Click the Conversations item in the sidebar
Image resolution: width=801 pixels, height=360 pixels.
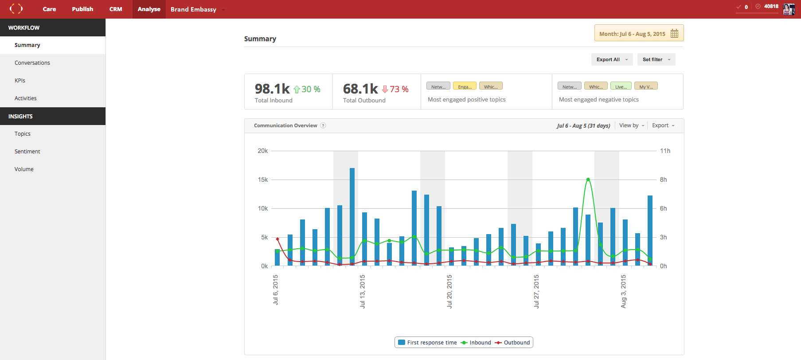pyautogui.click(x=32, y=63)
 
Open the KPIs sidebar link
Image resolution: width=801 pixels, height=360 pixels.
pyautogui.click(x=20, y=81)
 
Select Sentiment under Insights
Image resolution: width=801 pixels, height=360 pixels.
pyautogui.click(x=27, y=152)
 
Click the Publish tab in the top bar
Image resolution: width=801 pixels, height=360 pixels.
pyautogui.click(x=82, y=9)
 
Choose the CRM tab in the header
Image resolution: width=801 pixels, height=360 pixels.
pyautogui.click(x=116, y=9)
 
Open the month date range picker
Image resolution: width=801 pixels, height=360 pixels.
pyautogui.click(x=638, y=33)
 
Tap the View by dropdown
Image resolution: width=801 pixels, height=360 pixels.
pyautogui.click(x=631, y=125)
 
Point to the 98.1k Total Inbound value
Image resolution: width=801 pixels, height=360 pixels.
pyautogui.click(x=272, y=89)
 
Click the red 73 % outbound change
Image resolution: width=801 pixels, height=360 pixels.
pyautogui.click(x=399, y=89)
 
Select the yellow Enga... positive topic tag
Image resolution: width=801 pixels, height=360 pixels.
pyautogui.click(x=465, y=86)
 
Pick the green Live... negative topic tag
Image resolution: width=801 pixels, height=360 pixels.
pyautogui.click(x=621, y=86)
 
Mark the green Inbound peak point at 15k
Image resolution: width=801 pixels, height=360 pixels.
pyautogui.click(x=588, y=180)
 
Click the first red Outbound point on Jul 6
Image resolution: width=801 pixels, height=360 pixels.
pyautogui.click(x=277, y=239)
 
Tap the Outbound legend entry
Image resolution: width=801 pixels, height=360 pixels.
pyautogui.click(x=513, y=343)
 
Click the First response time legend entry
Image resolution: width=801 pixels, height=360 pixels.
pyautogui.click(x=428, y=343)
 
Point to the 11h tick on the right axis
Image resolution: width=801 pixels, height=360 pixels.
pyautogui.click(x=665, y=151)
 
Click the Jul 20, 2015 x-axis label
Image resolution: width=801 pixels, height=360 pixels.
pyautogui.click(x=449, y=291)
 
